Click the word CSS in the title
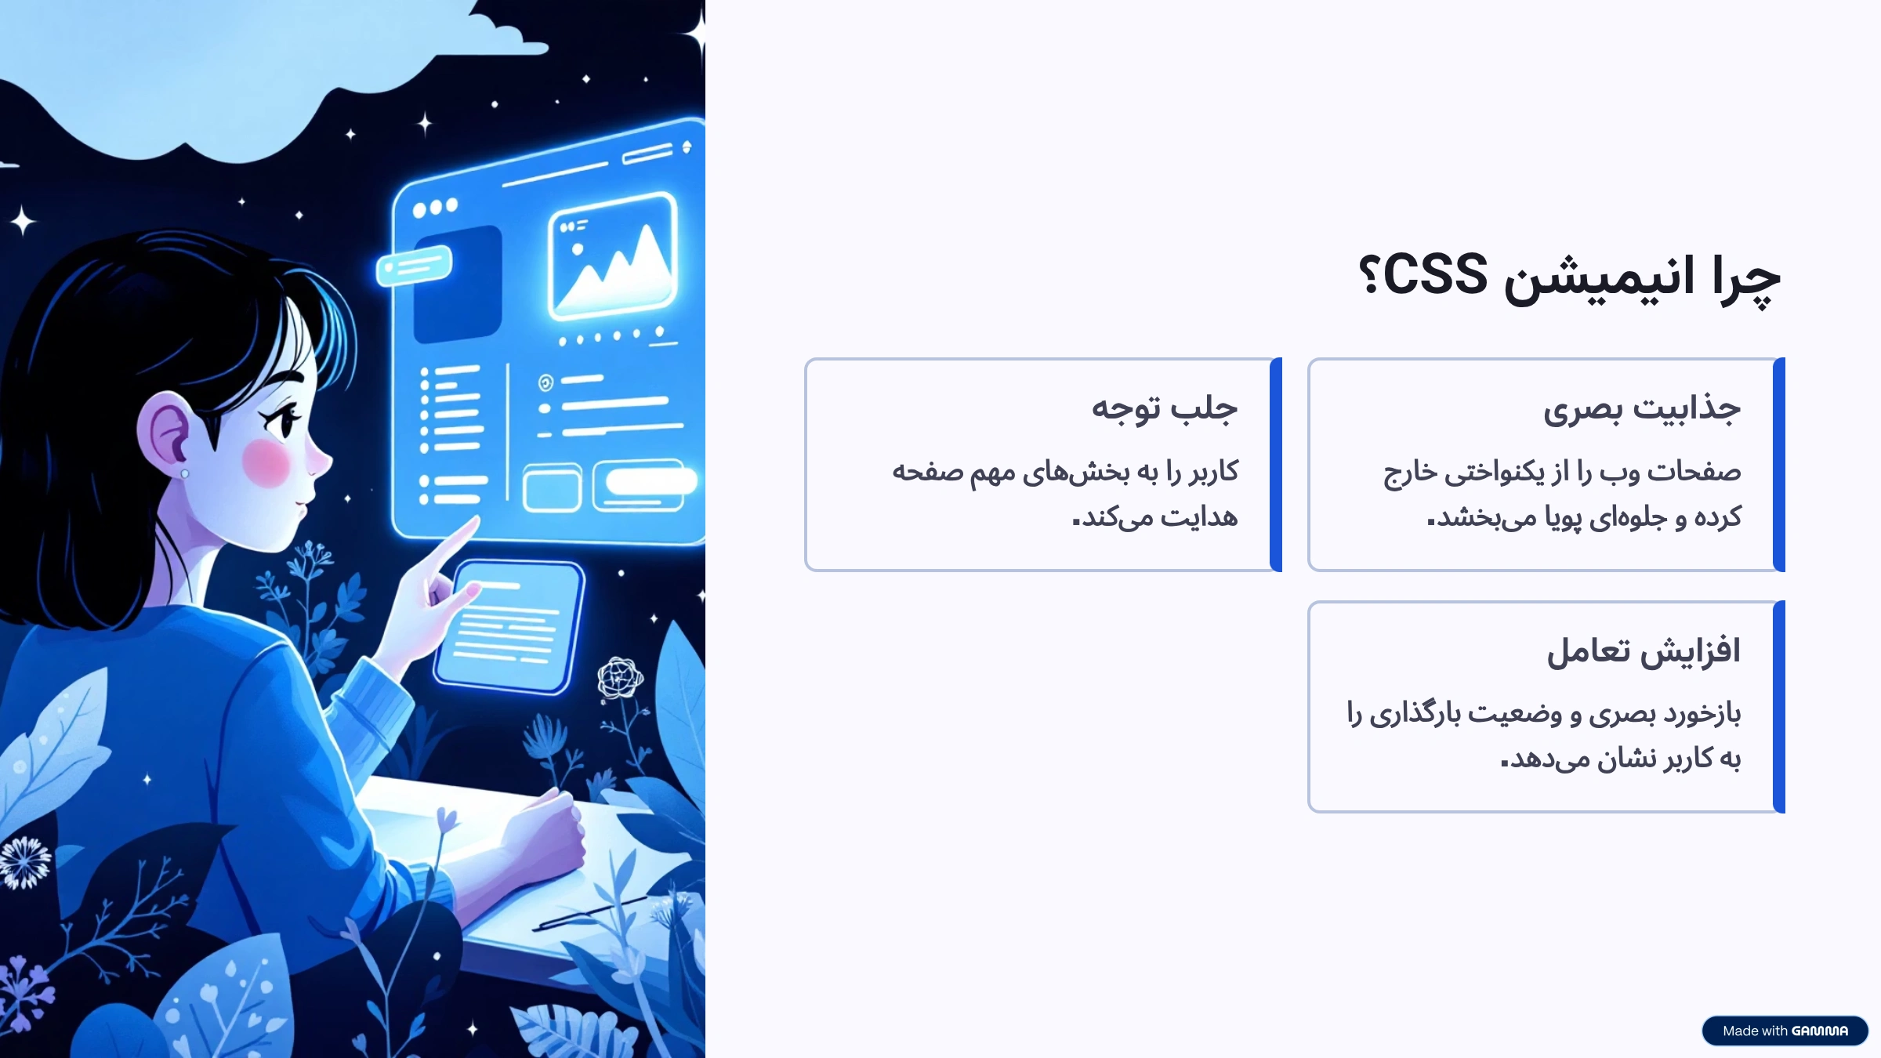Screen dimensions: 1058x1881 1435,276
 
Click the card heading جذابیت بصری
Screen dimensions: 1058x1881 1642,409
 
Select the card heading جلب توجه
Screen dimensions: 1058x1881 1165,408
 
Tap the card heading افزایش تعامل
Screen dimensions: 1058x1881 1644,651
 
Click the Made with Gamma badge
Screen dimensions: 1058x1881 1785,1031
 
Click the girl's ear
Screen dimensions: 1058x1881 166,431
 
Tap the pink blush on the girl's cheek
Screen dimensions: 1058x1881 266,462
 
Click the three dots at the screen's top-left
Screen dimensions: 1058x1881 435,208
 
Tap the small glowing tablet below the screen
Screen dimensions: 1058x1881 509,625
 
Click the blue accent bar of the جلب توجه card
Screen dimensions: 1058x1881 1276,465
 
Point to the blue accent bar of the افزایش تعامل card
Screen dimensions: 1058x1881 1779,707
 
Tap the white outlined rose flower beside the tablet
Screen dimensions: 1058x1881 619,677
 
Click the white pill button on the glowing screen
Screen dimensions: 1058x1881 651,480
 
